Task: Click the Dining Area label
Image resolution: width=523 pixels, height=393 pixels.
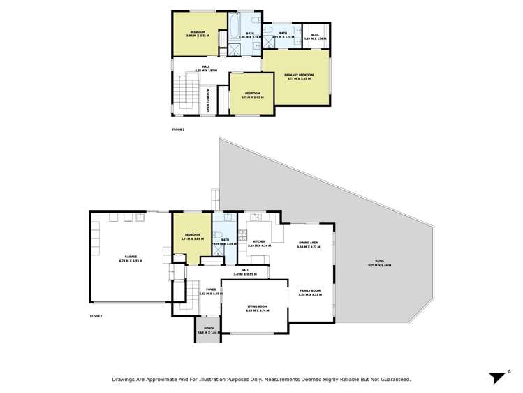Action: (308, 242)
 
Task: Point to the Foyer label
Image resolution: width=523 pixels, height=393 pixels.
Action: (210, 290)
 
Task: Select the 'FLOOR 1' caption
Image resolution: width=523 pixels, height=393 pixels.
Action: (96, 317)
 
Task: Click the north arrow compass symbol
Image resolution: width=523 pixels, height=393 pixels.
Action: (497, 377)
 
